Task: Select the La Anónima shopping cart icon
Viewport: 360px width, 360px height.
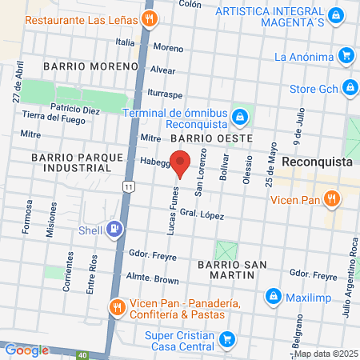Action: [346, 55]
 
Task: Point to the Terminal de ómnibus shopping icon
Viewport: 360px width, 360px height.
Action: [238, 118]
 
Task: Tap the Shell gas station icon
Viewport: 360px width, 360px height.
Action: [115, 230]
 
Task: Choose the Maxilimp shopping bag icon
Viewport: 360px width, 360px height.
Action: [273, 297]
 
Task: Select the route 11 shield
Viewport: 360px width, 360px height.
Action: [129, 186]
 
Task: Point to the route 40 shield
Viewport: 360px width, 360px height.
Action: [82, 354]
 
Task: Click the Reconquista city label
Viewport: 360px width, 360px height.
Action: [318, 161]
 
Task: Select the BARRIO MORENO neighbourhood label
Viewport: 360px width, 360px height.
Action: [80, 65]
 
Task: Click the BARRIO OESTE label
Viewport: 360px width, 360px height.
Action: [217, 138]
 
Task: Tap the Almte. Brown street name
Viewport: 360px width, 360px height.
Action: [153, 279]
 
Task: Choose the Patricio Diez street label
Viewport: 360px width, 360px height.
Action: [74, 107]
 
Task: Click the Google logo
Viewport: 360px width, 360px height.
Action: [26, 350]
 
